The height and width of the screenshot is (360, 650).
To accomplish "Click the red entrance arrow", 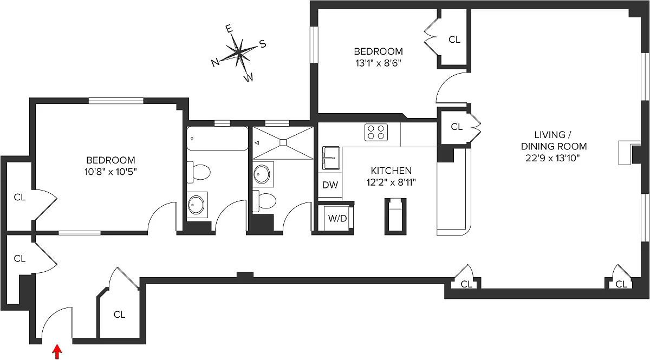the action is tap(57, 352).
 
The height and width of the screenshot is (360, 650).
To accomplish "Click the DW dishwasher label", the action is tap(330, 185).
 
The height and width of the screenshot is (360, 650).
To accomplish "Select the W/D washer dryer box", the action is tap(337, 218).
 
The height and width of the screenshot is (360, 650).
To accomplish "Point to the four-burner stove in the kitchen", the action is tap(376, 132).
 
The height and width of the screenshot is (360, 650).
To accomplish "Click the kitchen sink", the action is tap(330, 158).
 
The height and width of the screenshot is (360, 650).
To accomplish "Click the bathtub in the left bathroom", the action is tap(217, 139).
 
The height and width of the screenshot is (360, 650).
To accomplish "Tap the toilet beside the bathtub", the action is tap(200, 172).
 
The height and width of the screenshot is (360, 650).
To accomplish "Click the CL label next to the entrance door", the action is tap(119, 315).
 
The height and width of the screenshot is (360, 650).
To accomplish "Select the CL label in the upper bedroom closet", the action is tap(454, 40).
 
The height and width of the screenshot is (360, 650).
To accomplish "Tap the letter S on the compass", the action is tap(262, 44).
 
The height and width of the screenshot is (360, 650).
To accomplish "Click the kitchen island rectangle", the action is tap(395, 216).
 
